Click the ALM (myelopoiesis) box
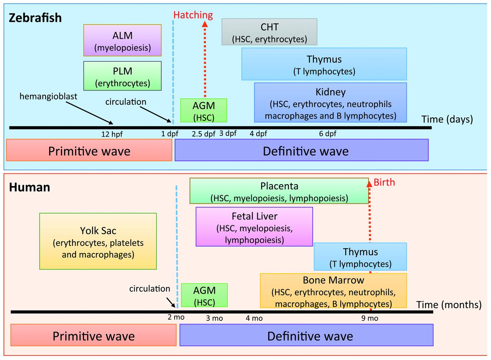[123, 41]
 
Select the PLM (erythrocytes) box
[123, 76]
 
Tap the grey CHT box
[269, 32]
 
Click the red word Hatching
[193, 15]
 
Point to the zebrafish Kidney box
[330, 103]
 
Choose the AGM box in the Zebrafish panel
[204, 111]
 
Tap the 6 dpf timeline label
[328, 134]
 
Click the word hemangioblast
[49, 97]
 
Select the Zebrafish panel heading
[35, 18]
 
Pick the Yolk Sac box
[98, 241]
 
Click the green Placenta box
[279, 191]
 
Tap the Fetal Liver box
[254, 227]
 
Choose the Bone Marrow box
[333, 291]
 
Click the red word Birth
[384, 183]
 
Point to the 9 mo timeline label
[370, 318]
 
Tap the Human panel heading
[30, 187]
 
